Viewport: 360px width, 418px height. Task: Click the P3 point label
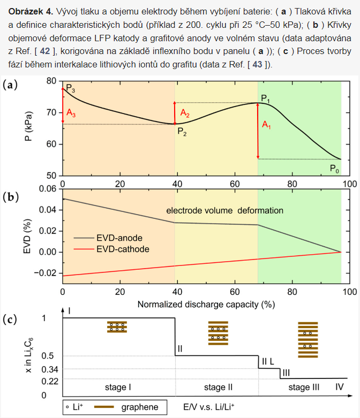pyautogui.click(x=70, y=90)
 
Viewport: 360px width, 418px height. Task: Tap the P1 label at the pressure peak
pyautogui.click(x=266, y=99)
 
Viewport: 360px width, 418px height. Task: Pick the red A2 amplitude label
pyautogui.click(x=185, y=113)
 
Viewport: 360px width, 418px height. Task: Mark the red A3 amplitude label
pyautogui.click(x=72, y=113)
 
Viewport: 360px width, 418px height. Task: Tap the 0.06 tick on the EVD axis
pyautogui.click(x=47, y=188)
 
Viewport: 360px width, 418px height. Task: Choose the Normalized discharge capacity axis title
pyautogui.click(x=206, y=305)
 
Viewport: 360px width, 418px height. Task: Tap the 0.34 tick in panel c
pyautogui.click(x=48, y=369)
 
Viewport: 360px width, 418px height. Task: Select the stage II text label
pyautogui.click(x=218, y=386)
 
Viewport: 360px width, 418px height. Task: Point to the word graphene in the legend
pyautogui.click(x=141, y=407)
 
